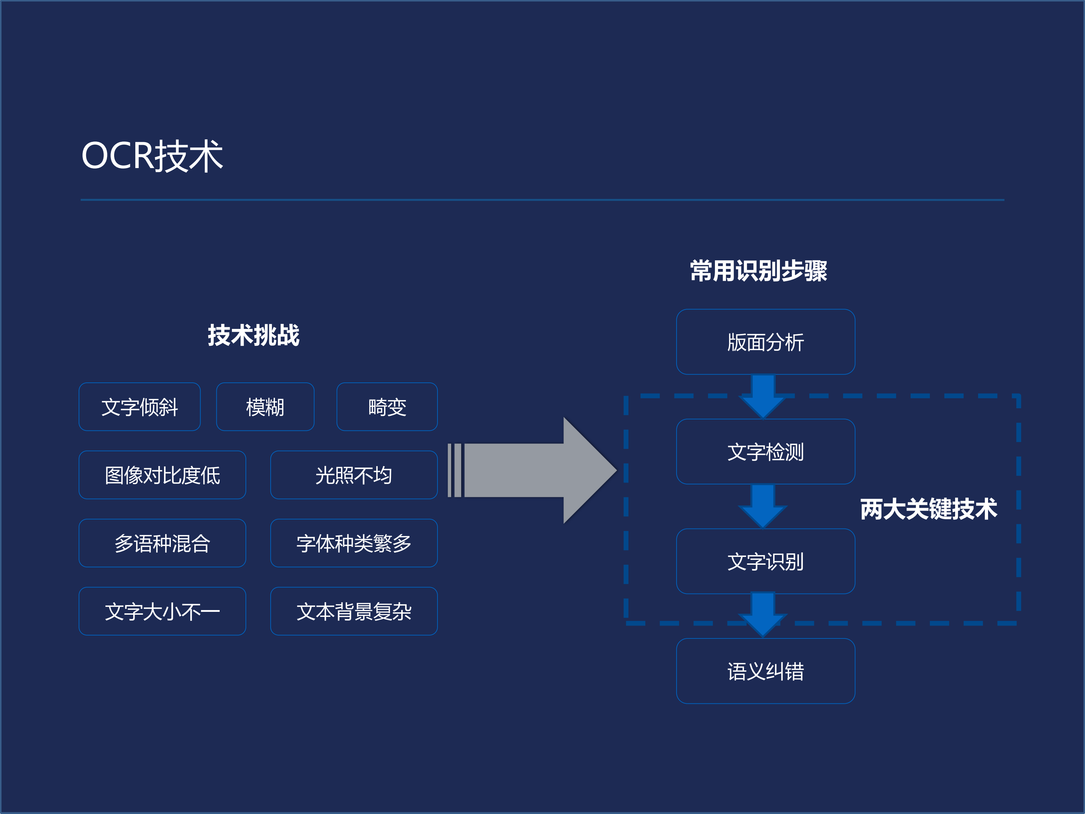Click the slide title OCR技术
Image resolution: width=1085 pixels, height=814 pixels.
point(152,156)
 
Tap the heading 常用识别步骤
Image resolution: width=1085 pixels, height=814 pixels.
point(758,271)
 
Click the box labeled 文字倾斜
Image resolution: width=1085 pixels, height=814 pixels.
point(140,407)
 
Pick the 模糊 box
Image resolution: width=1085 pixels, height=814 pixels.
point(265,407)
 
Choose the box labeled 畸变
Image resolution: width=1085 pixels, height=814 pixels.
point(387,407)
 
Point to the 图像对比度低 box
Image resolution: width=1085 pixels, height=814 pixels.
point(162,475)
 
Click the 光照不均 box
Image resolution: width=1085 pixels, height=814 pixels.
point(354,475)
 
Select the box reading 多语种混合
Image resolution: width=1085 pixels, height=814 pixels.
point(162,543)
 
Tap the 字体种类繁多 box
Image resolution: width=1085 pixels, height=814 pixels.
point(354,543)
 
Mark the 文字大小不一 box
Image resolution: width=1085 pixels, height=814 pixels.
point(162,611)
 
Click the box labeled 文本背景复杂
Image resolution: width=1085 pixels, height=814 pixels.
point(354,611)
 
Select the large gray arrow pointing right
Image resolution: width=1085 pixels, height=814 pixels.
point(535,470)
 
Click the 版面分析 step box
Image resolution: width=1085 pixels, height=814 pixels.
point(765,342)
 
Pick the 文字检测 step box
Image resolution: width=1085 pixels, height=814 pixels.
point(765,451)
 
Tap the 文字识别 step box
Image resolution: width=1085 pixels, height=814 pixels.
point(765,561)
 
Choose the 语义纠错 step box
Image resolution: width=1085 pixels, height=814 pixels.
point(765,671)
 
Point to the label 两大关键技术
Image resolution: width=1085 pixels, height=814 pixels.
point(929,509)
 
